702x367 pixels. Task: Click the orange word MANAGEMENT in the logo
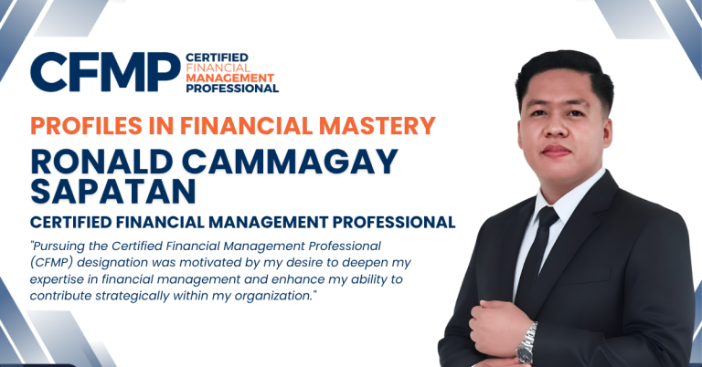click(x=224, y=79)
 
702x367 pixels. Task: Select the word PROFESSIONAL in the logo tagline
click(x=231, y=89)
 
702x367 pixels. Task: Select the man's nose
click(x=557, y=131)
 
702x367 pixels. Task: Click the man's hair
click(x=559, y=71)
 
